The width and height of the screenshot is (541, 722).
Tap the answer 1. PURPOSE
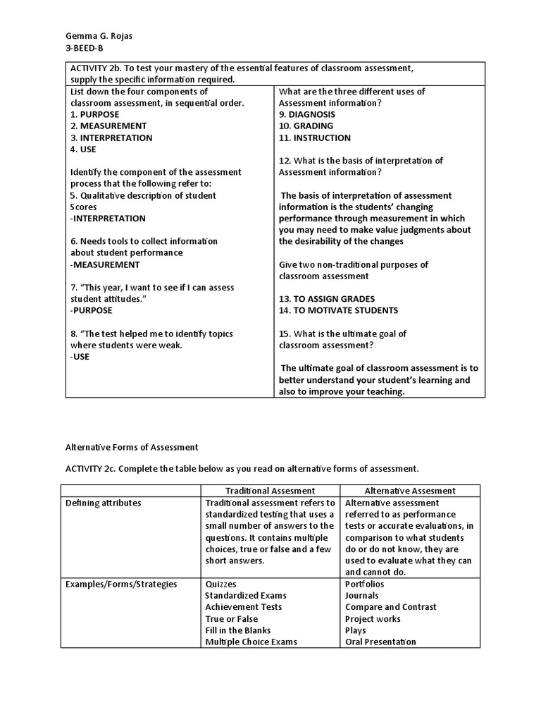pyautogui.click(x=95, y=114)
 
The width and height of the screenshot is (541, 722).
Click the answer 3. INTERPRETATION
pyautogui.click(x=112, y=137)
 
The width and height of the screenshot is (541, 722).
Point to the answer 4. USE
pyautogui.click(x=84, y=149)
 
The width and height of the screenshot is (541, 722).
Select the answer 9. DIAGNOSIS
pyautogui.click(x=307, y=114)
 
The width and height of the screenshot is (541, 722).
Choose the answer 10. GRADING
pyautogui.click(x=306, y=126)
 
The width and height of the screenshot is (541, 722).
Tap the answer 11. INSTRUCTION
pyautogui.click(x=315, y=137)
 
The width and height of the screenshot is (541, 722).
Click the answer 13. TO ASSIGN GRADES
pyautogui.click(x=327, y=299)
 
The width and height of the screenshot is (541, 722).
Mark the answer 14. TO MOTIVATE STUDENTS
pyautogui.click(x=338, y=310)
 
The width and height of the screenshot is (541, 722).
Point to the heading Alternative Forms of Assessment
pyautogui.click(x=132, y=447)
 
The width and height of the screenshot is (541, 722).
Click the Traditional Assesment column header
pyautogui.click(x=270, y=491)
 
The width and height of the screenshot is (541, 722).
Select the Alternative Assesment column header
pyautogui.click(x=409, y=491)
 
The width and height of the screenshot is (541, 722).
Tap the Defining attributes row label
pyautogui.click(x=104, y=503)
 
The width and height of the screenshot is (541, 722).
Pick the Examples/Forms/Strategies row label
pyautogui.click(x=121, y=584)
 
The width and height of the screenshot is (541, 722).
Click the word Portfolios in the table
pyautogui.click(x=364, y=584)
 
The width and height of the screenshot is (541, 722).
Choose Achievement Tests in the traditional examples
pyautogui.click(x=244, y=607)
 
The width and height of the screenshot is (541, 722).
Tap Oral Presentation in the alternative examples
pyautogui.click(x=380, y=642)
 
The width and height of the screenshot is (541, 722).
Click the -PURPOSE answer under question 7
pyautogui.click(x=92, y=310)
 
